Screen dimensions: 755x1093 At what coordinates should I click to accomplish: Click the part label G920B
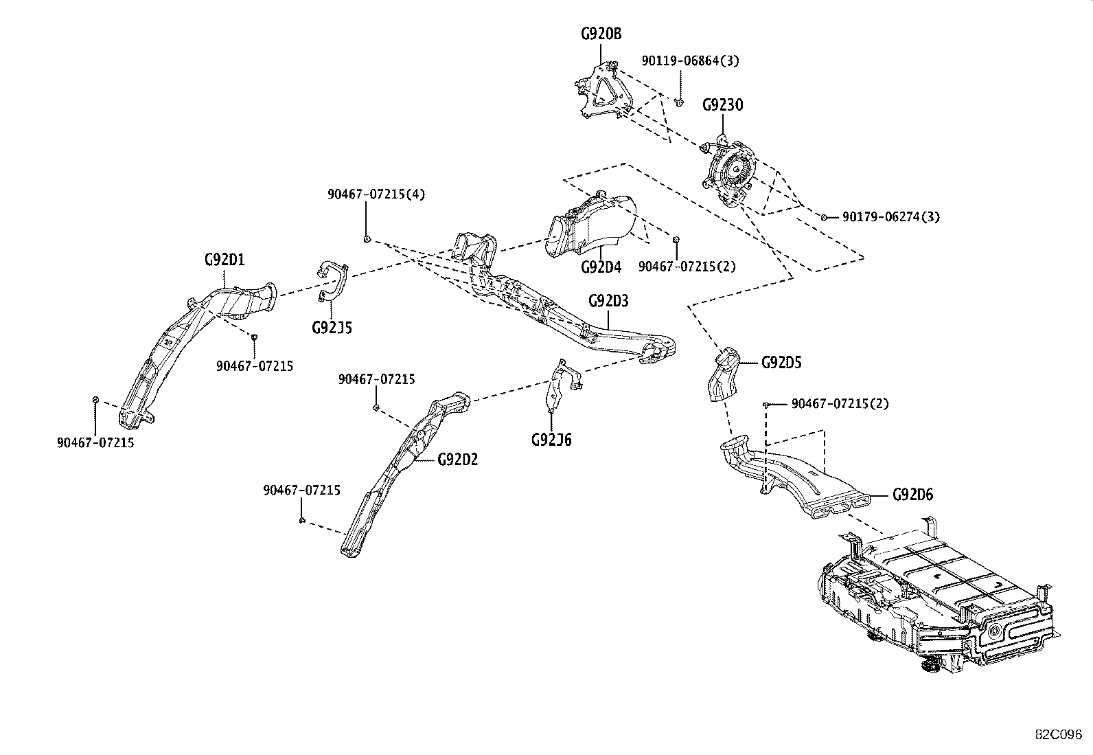[600, 34]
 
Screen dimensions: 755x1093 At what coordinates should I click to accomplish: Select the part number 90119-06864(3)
[690, 60]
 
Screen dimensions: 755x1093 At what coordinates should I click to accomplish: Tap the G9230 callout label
[722, 105]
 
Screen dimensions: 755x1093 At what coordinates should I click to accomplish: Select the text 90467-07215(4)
[376, 194]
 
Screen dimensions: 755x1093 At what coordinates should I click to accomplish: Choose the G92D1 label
[225, 260]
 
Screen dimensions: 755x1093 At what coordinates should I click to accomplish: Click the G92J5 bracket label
[332, 327]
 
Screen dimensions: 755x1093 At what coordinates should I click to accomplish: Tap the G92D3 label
[608, 301]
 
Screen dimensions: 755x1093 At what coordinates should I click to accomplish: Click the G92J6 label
[551, 439]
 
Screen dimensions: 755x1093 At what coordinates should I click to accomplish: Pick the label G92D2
[457, 459]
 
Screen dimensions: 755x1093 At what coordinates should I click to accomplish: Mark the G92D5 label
[781, 362]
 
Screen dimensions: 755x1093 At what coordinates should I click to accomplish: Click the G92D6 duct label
[912, 495]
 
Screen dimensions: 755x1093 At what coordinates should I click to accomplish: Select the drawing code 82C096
[1058, 734]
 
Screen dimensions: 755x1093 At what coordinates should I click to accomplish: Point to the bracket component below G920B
[603, 92]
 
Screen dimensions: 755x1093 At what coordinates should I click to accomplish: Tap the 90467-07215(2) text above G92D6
[839, 404]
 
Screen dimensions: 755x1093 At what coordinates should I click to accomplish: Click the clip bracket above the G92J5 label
[333, 281]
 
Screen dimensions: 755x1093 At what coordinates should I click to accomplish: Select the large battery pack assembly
[934, 598]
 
